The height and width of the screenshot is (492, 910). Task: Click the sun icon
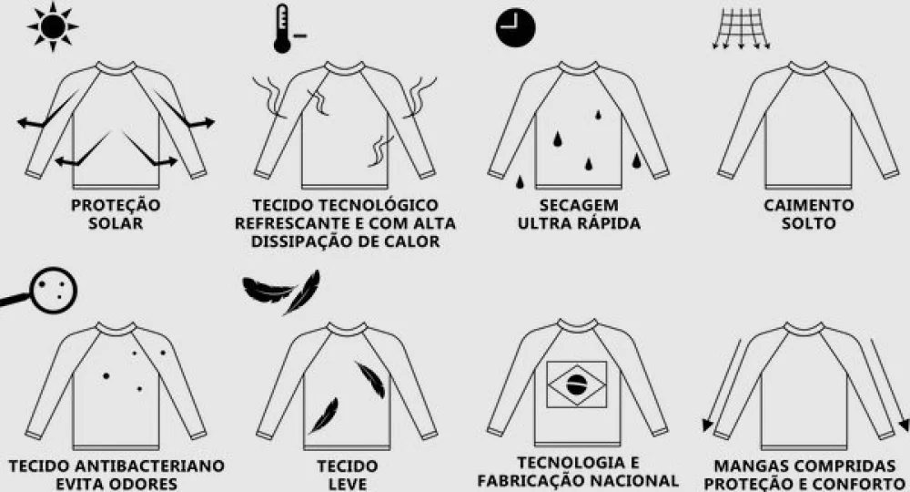tap(53, 26)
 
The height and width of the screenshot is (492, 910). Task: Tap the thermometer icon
tap(286, 29)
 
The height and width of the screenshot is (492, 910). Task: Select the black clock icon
tap(515, 27)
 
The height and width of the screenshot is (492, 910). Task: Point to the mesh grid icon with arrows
tap(741, 28)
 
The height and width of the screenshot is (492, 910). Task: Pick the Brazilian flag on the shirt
tap(576, 384)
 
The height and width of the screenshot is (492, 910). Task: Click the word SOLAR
tap(116, 223)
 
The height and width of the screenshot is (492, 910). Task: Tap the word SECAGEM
tap(579, 205)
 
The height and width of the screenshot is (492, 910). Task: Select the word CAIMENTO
tap(808, 205)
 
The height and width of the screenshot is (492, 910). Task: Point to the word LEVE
tap(347, 484)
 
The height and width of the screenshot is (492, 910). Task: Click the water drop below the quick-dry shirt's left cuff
tap(520, 182)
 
